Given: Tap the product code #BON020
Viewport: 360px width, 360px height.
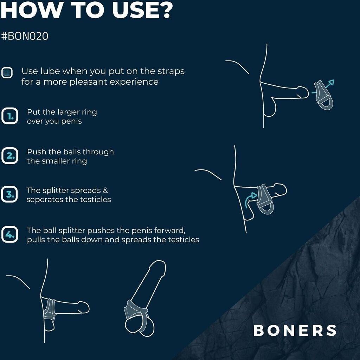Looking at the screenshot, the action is (25, 36).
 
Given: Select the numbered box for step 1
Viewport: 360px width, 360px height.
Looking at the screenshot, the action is (9, 116).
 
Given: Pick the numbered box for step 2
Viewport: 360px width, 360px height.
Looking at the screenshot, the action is (9, 156).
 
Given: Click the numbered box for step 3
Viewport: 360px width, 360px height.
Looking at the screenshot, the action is (9, 194).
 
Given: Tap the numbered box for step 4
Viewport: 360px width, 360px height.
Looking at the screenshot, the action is (9, 234).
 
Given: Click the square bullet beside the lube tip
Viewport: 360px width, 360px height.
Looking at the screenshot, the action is (7, 73).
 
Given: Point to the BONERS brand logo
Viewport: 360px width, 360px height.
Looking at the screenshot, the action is (295, 330).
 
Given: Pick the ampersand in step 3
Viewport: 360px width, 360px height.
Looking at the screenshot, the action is (105, 190).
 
